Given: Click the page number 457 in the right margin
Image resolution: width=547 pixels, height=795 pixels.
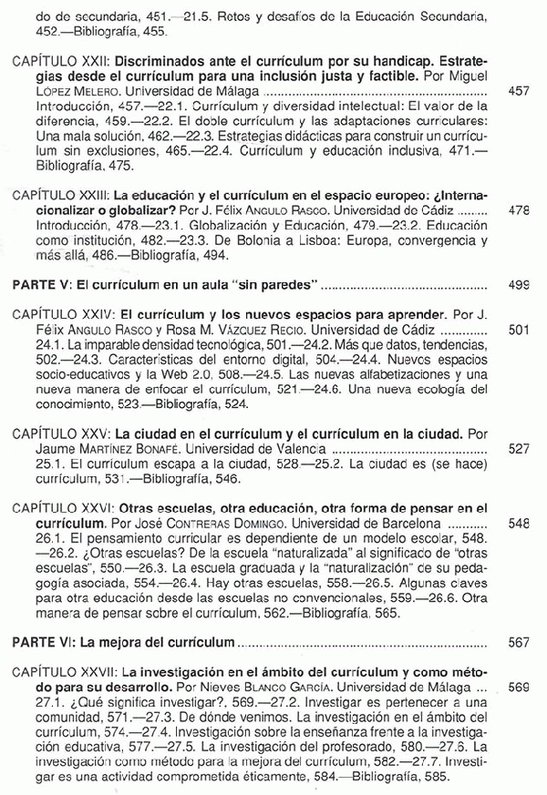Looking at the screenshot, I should pos(519,93).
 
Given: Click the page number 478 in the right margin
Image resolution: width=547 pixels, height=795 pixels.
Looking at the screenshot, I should pos(519,210).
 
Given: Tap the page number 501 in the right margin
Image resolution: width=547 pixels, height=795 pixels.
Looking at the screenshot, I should pos(519,328).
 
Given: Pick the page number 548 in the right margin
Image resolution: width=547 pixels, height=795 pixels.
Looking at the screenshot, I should pos(519,524).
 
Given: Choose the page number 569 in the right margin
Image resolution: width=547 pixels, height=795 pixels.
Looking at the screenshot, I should pos(519,685).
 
